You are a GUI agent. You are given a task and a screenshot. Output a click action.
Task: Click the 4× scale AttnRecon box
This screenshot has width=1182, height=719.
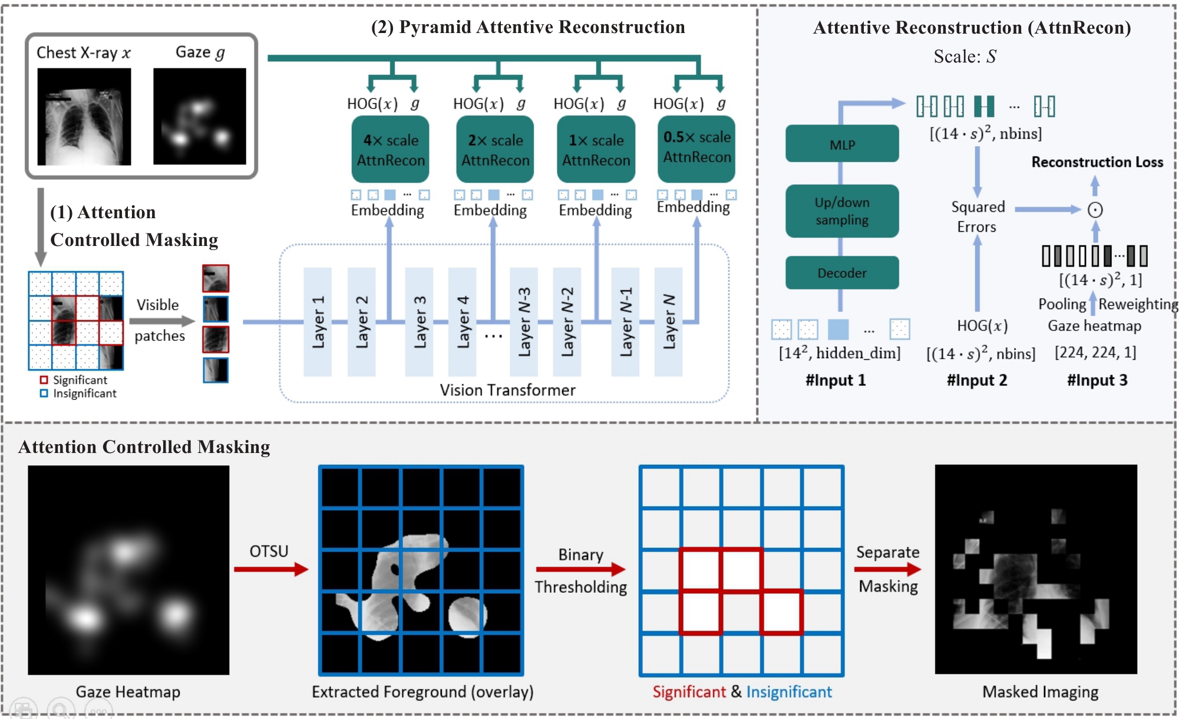click(390, 149)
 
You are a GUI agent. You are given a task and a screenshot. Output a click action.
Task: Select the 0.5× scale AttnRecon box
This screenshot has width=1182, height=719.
click(696, 148)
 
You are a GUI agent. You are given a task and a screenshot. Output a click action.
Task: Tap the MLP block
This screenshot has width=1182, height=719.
click(842, 143)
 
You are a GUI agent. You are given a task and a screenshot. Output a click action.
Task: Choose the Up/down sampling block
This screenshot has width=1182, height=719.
click(842, 211)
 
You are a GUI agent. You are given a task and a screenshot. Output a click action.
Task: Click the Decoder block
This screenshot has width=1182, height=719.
click(842, 273)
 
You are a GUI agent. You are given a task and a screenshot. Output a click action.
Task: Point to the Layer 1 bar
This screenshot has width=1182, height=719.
click(318, 322)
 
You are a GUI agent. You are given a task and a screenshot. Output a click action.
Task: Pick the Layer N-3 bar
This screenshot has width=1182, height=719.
click(524, 322)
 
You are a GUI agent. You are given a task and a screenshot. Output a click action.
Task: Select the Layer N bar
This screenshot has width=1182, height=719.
click(669, 322)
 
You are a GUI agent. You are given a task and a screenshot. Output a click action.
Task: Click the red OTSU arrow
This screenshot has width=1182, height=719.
click(271, 569)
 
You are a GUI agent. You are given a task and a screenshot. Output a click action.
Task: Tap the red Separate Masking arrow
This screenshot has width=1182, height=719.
click(887, 569)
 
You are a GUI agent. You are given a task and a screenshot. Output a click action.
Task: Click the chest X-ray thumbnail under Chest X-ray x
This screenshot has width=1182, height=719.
click(84, 117)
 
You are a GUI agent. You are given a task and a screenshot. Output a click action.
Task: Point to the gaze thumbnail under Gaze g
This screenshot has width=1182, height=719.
click(200, 116)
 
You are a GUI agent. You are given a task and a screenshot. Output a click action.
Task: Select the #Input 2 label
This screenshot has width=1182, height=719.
click(977, 380)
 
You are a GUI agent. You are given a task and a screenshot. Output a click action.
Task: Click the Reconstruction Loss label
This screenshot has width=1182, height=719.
click(1097, 162)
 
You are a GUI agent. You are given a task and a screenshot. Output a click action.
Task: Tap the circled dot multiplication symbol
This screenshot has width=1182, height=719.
click(1095, 210)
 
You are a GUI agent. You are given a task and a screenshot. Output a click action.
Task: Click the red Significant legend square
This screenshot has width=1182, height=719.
click(44, 380)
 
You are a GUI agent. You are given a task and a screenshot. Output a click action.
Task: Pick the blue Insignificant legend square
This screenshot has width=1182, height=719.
click(44, 393)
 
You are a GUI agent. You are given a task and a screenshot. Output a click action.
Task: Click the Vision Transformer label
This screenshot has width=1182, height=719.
click(507, 390)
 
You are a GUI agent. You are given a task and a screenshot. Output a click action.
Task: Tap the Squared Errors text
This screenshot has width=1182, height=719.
click(978, 216)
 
